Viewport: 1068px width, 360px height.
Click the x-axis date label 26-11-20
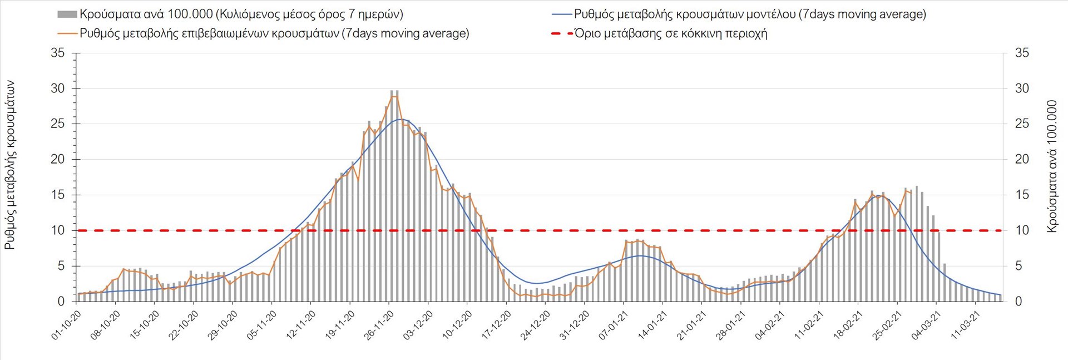[379, 325]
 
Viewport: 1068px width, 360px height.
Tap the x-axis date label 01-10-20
[67, 325]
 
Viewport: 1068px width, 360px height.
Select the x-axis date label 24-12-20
[536, 325]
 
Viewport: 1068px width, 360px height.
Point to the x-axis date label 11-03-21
[966, 325]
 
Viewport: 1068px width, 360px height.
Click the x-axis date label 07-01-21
[614, 325]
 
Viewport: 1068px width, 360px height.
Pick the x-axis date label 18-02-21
[848, 325]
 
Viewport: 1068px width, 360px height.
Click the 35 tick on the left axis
[58, 53]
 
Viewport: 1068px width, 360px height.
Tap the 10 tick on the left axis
[58, 230]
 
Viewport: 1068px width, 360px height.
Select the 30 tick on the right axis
[1022, 88]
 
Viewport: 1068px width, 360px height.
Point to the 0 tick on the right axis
[1018, 302]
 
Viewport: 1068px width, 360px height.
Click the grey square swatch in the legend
[67, 14]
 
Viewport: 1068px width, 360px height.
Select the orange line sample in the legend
[67, 33]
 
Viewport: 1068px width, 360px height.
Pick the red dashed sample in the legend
[562, 33]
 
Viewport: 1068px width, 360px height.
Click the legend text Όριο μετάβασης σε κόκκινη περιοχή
[671, 33]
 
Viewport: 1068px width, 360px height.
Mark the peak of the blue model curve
[400, 119]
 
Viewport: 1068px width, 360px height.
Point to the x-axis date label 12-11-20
[301, 325]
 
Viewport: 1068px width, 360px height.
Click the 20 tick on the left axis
[58, 160]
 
